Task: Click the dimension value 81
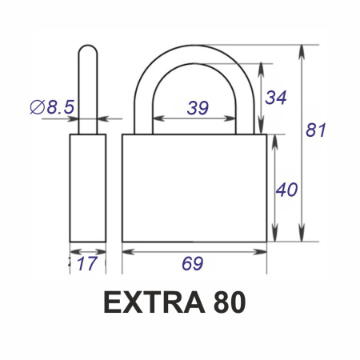pyautogui.click(x=316, y=130)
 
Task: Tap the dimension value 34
pyautogui.click(x=276, y=98)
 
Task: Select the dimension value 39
pyautogui.click(x=198, y=108)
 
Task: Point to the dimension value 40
pyautogui.click(x=286, y=190)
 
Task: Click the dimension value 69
pyautogui.click(x=193, y=263)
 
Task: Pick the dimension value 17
pyautogui.click(x=86, y=263)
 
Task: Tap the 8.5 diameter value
pyautogui.click(x=61, y=107)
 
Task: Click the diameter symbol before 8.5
pyautogui.click(x=37, y=107)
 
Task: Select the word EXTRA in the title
pyautogui.click(x=154, y=302)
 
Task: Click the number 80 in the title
pyautogui.click(x=230, y=302)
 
